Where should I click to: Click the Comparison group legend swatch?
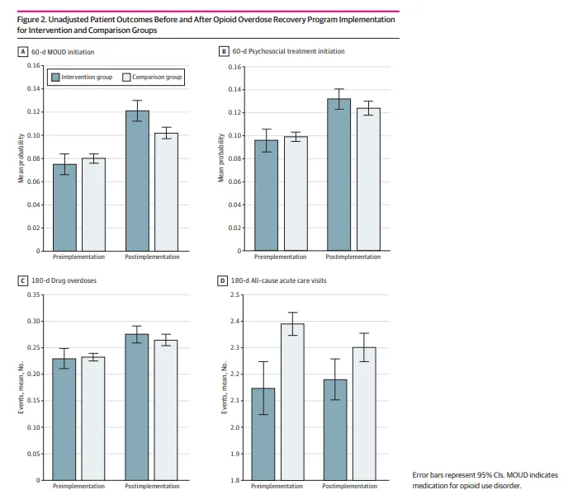pos(126,77)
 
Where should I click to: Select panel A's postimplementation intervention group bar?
pos(137,180)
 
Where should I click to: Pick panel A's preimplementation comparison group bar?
pos(93,204)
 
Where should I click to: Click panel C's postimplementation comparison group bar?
pos(166,409)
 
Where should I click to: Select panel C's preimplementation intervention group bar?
pos(65,418)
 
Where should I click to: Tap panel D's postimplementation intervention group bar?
pos(335,429)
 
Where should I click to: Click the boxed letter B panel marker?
pos(223,51)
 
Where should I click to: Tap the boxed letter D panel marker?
pos(223,280)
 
